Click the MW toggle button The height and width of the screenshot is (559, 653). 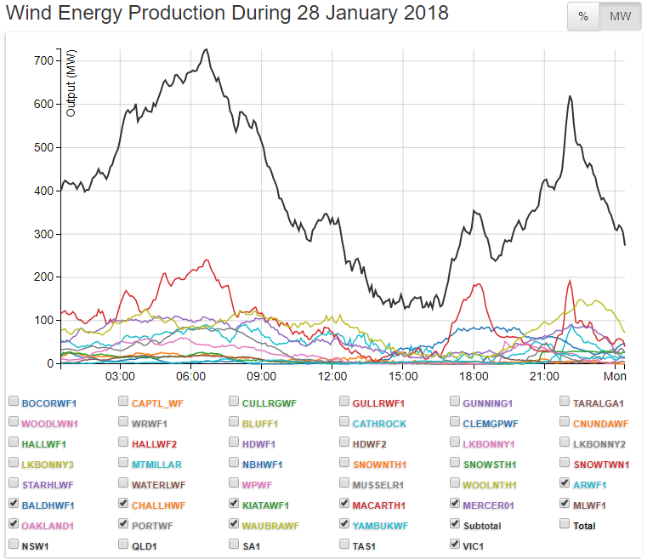tap(621, 17)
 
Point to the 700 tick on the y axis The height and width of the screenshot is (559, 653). tap(43, 61)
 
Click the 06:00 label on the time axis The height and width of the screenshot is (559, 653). tap(190, 376)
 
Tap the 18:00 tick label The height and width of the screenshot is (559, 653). tap(473, 376)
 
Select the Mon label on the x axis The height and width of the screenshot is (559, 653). tap(615, 376)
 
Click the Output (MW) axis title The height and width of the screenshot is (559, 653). tap(71, 86)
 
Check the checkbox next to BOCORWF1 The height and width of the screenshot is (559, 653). tap(14, 402)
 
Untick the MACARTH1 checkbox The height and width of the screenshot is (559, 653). tap(345, 504)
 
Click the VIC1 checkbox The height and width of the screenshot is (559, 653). tap(456, 544)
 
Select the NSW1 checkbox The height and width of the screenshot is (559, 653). tap(14, 544)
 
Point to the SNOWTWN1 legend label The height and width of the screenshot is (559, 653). tap(601, 465)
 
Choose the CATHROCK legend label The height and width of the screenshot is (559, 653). tap(379, 424)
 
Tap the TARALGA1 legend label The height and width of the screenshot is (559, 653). tap(599, 402)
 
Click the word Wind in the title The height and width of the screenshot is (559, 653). tap(30, 14)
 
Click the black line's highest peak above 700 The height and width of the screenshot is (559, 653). tap(206, 49)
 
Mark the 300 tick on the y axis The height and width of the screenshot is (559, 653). tap(43, 234)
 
